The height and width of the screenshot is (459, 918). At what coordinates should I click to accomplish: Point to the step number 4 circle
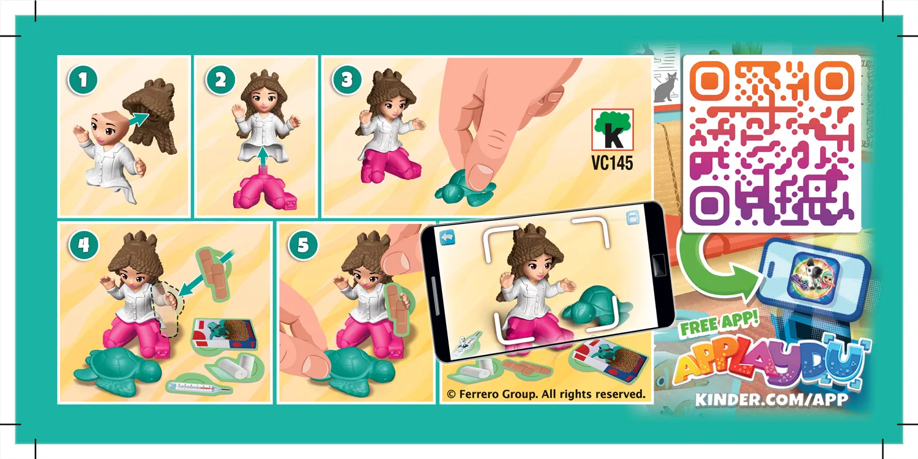coord(84,245)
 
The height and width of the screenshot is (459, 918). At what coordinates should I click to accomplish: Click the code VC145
coord(612,163)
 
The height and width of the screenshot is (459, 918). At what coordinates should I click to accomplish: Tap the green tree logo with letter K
coord(612,130)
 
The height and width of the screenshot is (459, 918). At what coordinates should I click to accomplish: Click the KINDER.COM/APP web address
coord(771,400)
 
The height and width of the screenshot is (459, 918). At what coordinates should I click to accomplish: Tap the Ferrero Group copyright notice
coord(546,394)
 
